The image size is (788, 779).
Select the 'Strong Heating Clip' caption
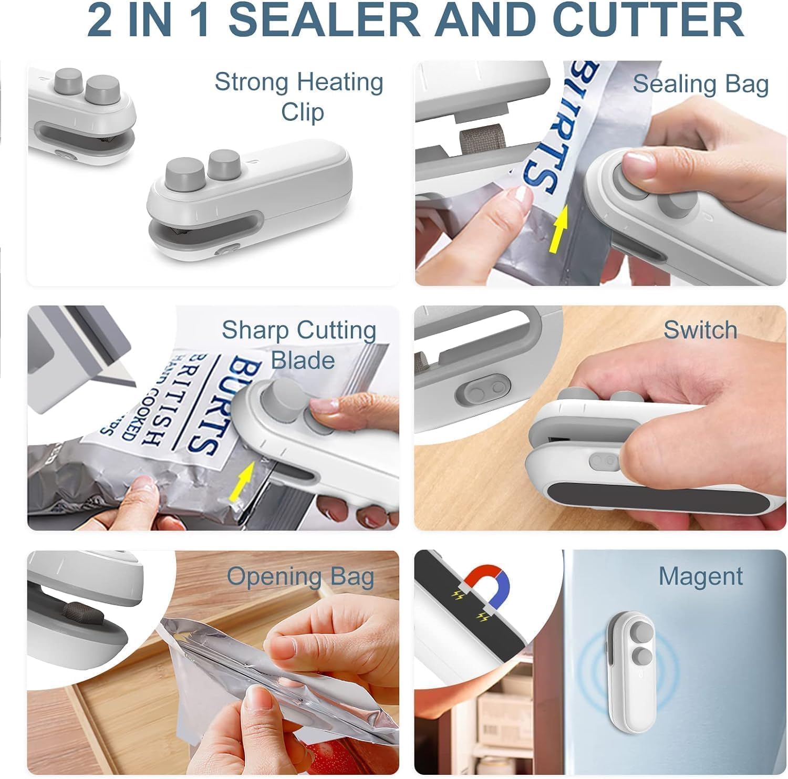pos(299,97)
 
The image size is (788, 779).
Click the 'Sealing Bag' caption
pos(700,84)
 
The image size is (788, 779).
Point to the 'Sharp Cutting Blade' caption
pos(299,345)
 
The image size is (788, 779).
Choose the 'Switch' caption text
pos(700,330)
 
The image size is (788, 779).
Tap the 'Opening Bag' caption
pos(300,576)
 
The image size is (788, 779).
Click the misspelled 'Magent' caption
pos(700,576)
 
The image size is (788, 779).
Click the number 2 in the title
pos(100,20)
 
